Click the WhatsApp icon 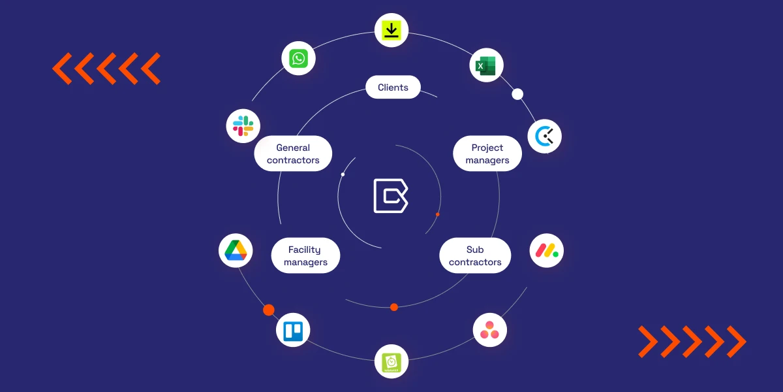tap(298, 59)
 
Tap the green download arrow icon tap(391, 30)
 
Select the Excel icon tap(486, 65)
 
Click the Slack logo tap(243, 125)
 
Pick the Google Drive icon tap(235, 250)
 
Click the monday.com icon tap(547, 250)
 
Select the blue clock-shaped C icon tap(544, 137)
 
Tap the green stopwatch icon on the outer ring tap(391, 361)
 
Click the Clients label tap(393, 88)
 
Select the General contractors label tap(293, 154)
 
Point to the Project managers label tap(487, 154)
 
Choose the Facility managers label tap(305, 255)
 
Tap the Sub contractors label tap(475, 255)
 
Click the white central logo tap(390, 195)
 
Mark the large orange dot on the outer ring tap(269, 310)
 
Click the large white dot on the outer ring tap(517, 94)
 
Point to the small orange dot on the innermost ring tap(437, 214)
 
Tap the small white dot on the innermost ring tap(343, 174)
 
